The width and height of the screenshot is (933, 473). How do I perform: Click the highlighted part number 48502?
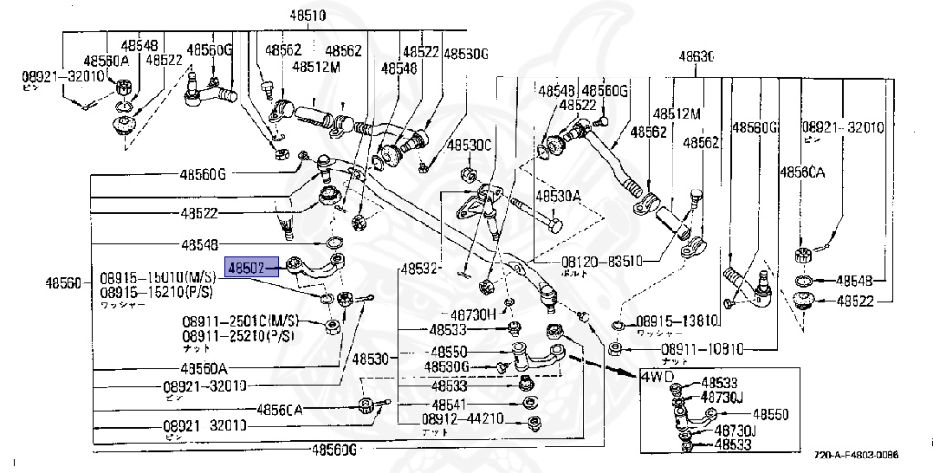click(x=246, y=269)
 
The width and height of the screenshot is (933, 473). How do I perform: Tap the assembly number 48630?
click(x=695, y=57)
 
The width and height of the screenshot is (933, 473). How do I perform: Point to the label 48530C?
click(x=468, y=146)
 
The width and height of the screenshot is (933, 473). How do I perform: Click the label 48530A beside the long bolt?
click(x=559, y=196)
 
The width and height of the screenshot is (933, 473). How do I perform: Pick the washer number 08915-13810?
click(x=676, y=321)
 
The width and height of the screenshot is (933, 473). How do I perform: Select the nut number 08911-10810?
click(x=702, y=349)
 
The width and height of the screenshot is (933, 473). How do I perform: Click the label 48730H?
click(x=474, y=314)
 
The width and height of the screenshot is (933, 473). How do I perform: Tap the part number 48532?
click(x=420, y=269)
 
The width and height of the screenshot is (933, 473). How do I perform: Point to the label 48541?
click(x=449, y=404)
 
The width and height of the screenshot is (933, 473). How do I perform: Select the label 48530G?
click(x=446, y=366)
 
